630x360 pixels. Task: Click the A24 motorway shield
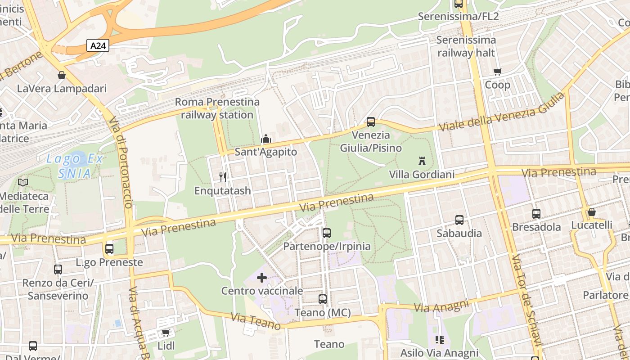(98, 45)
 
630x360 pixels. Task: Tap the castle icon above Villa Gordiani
(422, 161)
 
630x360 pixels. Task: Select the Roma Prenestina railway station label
(217, 108)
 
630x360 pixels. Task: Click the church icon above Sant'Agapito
(266, 138)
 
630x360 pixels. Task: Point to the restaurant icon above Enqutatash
(223, 177)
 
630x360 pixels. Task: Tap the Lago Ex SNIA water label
(75, 166)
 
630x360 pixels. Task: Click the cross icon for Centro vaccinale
(261, 278)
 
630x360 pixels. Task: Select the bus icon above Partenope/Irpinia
(327, 233)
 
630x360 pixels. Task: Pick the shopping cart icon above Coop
(497, 72)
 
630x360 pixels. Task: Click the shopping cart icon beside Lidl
(166, 333)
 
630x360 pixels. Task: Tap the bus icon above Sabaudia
(459, 220)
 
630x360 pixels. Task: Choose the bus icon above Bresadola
(536, 213)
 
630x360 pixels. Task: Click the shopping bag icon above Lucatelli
(591, 211)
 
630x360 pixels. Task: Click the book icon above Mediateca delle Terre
(23, 182)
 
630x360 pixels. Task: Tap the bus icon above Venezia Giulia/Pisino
(370, 121)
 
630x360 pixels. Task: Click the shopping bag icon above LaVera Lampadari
(62, 75)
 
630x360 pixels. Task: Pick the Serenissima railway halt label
(466, 46)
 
